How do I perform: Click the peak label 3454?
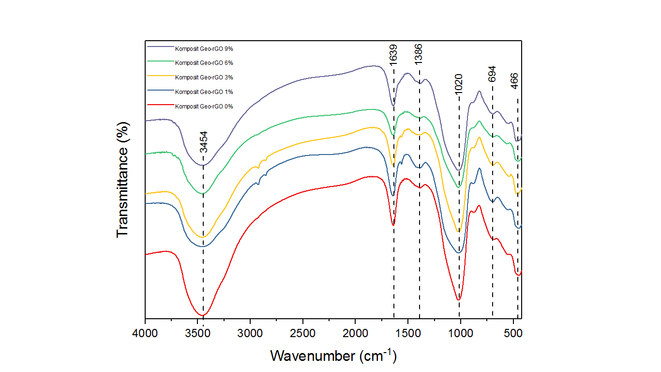204,142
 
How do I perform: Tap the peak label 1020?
459,84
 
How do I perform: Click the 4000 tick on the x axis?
145,334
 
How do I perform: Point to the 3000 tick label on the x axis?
250,334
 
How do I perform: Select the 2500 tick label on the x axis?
302,334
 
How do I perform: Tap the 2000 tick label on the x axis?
355,334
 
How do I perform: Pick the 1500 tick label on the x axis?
407,334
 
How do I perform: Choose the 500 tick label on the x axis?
512,334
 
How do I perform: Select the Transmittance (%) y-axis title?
123,179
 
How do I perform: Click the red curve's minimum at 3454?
203,315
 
